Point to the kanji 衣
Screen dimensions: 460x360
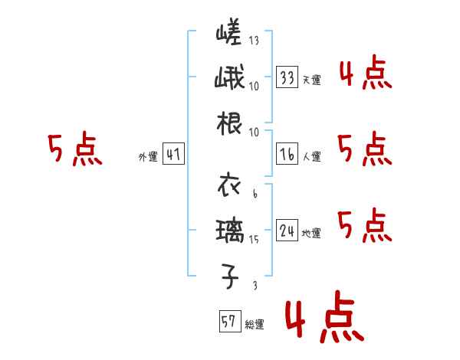coord(228,185)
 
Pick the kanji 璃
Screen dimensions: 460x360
coord(228,230)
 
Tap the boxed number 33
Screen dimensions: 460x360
coord(287,77)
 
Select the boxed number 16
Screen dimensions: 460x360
coord(287,154)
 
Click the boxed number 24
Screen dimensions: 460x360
coord(287,230)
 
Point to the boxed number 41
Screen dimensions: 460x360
coord(174,155)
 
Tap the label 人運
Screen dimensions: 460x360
coord(311,156)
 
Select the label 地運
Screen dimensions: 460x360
coord(311,233)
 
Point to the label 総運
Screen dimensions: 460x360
coord(255,325)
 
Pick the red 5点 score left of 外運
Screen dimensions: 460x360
coord(74,150)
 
